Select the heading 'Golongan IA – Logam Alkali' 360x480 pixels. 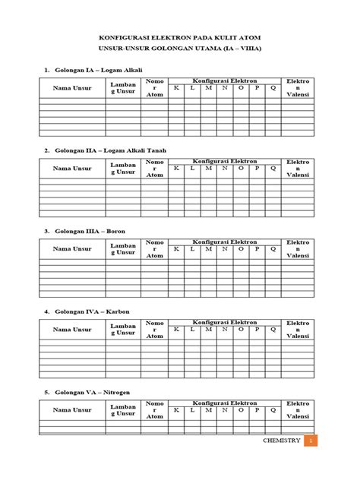coord(98,70)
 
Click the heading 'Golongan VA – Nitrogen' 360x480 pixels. coord(96,393)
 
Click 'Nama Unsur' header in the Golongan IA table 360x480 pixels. coord(72,88)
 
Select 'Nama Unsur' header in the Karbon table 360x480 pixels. coord(72,330)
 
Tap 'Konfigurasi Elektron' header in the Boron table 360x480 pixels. coord(226,241)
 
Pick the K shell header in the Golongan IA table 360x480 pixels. coord(176,88)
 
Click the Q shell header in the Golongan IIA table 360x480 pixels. coord(273,169)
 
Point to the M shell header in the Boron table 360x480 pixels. coord(209,249)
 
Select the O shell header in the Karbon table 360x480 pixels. coord(241,330)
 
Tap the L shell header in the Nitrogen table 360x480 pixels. coord(192,410)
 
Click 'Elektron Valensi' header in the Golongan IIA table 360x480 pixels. coord(297,169)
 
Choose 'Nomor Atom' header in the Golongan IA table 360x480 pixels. coord(154,88)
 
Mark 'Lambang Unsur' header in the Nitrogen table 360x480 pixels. coord(123,411)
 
